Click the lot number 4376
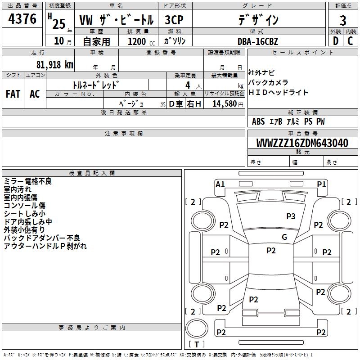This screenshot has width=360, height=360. click(x=22, y=19)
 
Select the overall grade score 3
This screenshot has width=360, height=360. click(x=343, y=20)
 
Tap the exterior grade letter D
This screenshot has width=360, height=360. click(x=336, y=41)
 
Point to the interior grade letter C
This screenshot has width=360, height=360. click(x=350, y=41)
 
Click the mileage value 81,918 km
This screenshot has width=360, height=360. click(x=55, y=65)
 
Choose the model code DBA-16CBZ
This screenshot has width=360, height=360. click(x=258, y=41)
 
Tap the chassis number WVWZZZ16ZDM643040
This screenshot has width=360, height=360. click(x=302, y=143)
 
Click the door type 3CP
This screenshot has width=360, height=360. click(x=174, y=20)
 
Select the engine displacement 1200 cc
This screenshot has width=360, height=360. click(x=141, y=41)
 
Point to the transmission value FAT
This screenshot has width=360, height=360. click(x=13, y=94)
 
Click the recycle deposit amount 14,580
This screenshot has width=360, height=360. click(x=225, y=103)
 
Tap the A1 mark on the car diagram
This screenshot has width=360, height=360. click(x=220, y=184)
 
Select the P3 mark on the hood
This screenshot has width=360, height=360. click(x=291, y=216)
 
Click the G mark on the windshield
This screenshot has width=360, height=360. click(x=284, y=237)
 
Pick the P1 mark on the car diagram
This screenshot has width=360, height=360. click(x=321, y=184)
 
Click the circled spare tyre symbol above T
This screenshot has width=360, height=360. click(x=197, y=328)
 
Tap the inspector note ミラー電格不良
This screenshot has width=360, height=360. click(x=28, y=181)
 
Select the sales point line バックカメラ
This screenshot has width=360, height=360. click(x=268, y=82)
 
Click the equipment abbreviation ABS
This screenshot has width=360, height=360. click(x=258, y=121)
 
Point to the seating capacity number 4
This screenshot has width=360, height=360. click(x=188, y=85)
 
